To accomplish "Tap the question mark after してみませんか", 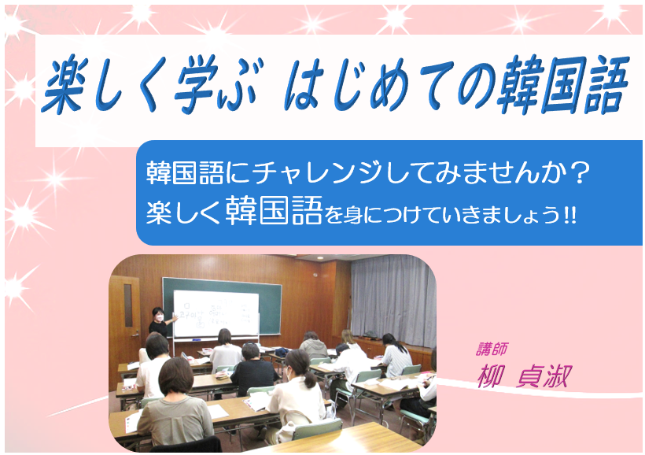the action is click(580, 173).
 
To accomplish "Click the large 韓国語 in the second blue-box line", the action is click(274, 211).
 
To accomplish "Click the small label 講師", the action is click(492, 350).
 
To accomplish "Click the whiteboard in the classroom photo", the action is click(216, 314).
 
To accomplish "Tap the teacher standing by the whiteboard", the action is click(160, 323).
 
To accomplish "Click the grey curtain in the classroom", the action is click(393, 301).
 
